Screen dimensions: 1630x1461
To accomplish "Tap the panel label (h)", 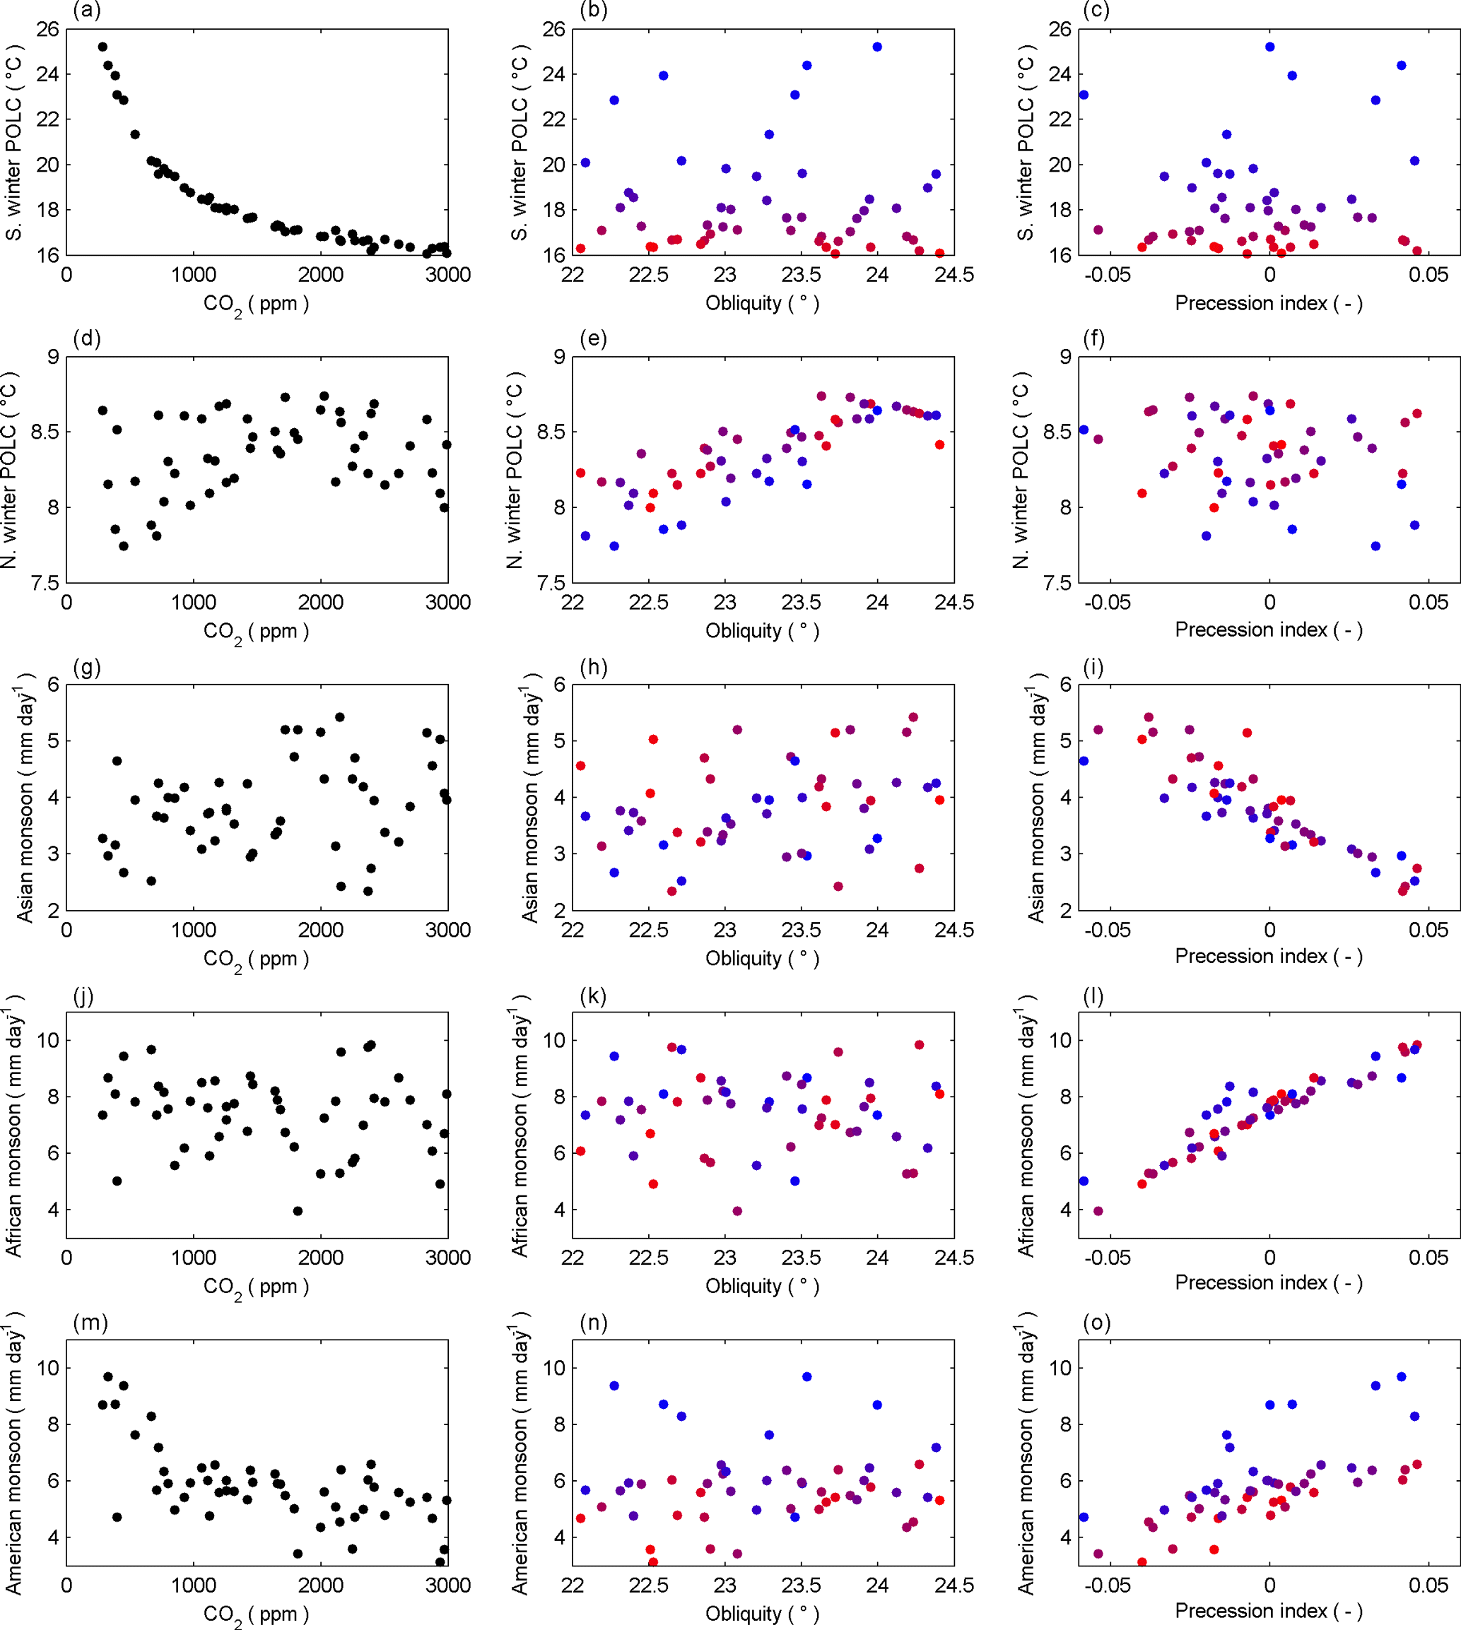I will pos(593,666).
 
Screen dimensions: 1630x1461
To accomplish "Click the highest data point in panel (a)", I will pos(102,47).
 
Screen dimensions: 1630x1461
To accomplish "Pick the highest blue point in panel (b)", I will pos(876,47).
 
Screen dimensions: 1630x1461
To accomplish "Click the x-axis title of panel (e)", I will pos(762,630).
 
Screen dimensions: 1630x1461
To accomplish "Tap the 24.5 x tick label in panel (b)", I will pos(954,276).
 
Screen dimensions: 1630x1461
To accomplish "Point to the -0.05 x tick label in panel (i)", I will pos(1108,931).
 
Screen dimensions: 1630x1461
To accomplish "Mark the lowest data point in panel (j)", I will pos(298,1211).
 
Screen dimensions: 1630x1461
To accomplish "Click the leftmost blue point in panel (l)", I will pos(1084,1181).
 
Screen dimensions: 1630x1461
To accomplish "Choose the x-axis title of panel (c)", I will pos(1268,303).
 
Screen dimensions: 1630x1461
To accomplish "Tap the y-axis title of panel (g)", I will pos(25,798).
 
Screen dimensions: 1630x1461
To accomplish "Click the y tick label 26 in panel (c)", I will pos(1060,29).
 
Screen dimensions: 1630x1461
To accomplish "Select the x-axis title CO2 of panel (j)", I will pos(255,1287).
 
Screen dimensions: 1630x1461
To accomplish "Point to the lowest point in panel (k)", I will pos(737,1211).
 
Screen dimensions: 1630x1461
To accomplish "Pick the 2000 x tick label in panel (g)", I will pos(320,931).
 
